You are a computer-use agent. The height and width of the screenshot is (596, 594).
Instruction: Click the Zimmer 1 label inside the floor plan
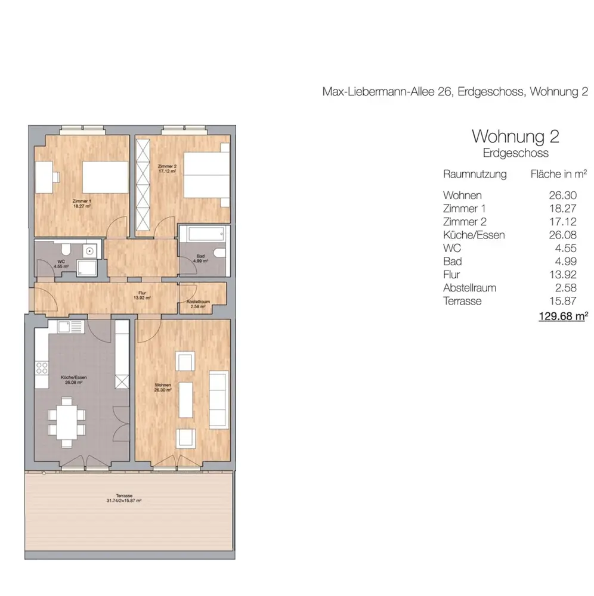pyautogui.click(x=82, y=204)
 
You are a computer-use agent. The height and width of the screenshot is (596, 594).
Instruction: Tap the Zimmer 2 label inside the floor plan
pyautogui.click(x=168, y=169)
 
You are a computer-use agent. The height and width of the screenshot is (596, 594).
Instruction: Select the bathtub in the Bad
pyautogui.click(x=205, y=234)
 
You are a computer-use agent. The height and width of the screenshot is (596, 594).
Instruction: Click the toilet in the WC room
pyautogui.click(x=66, y=249)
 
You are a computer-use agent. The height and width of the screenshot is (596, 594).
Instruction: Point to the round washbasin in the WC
pyautogui.click(x=89, y=251)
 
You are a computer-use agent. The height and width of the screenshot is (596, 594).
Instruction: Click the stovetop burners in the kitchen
pyautogui.click(x=42, y=368)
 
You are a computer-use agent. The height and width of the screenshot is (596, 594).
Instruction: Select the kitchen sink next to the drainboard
pyautogui.click(x=64, y=327)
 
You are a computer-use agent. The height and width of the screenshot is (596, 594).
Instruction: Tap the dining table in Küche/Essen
pyautogui.click(x=67, y=422)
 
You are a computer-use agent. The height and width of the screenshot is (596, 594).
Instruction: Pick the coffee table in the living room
pyautogui.click(x=186, y=400)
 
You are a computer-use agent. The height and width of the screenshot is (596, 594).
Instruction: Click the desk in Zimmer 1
pyautogui.click(x=44, y=177)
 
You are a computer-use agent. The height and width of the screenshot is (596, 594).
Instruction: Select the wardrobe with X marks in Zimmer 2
pyautogui.click(x=143, y=185)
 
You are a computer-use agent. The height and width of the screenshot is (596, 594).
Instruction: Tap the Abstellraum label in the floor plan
pyautogui.click(x=198, y=304)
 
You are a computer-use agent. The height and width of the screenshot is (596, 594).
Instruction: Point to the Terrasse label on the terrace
pyautogui.click(x=124, y=498)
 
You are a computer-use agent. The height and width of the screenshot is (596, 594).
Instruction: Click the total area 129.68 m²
pyautogui.click(x=563, y=316)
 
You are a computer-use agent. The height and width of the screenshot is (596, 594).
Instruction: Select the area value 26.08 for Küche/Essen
pyautogui.click(x=562, y=235)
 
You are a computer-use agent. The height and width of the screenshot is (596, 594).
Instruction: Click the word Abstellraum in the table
pyautogui.click(x=469, y=288)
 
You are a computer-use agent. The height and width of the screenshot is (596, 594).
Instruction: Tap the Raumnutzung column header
pyautogui.click(x=475, y=174)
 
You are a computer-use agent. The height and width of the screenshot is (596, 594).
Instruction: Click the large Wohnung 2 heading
pyautogui.click(x=515, y=136)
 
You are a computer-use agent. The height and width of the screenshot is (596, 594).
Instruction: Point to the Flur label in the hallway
pyautogui.click(x=142, y=296)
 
